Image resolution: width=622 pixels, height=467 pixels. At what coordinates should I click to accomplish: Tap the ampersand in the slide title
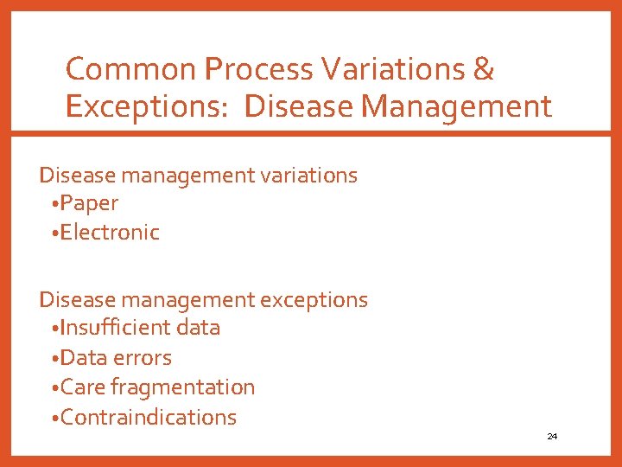coord(484,69)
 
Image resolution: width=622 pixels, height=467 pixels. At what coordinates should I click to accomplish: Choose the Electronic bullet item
coord(110,233)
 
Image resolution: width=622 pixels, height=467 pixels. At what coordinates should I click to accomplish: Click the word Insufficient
coord(116,328)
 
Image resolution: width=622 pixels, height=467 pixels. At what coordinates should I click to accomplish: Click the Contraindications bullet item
coord(148,417)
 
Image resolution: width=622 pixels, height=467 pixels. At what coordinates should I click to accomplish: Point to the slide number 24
coord(552,437)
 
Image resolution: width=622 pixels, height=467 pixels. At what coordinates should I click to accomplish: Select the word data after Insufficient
coord(198,328)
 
